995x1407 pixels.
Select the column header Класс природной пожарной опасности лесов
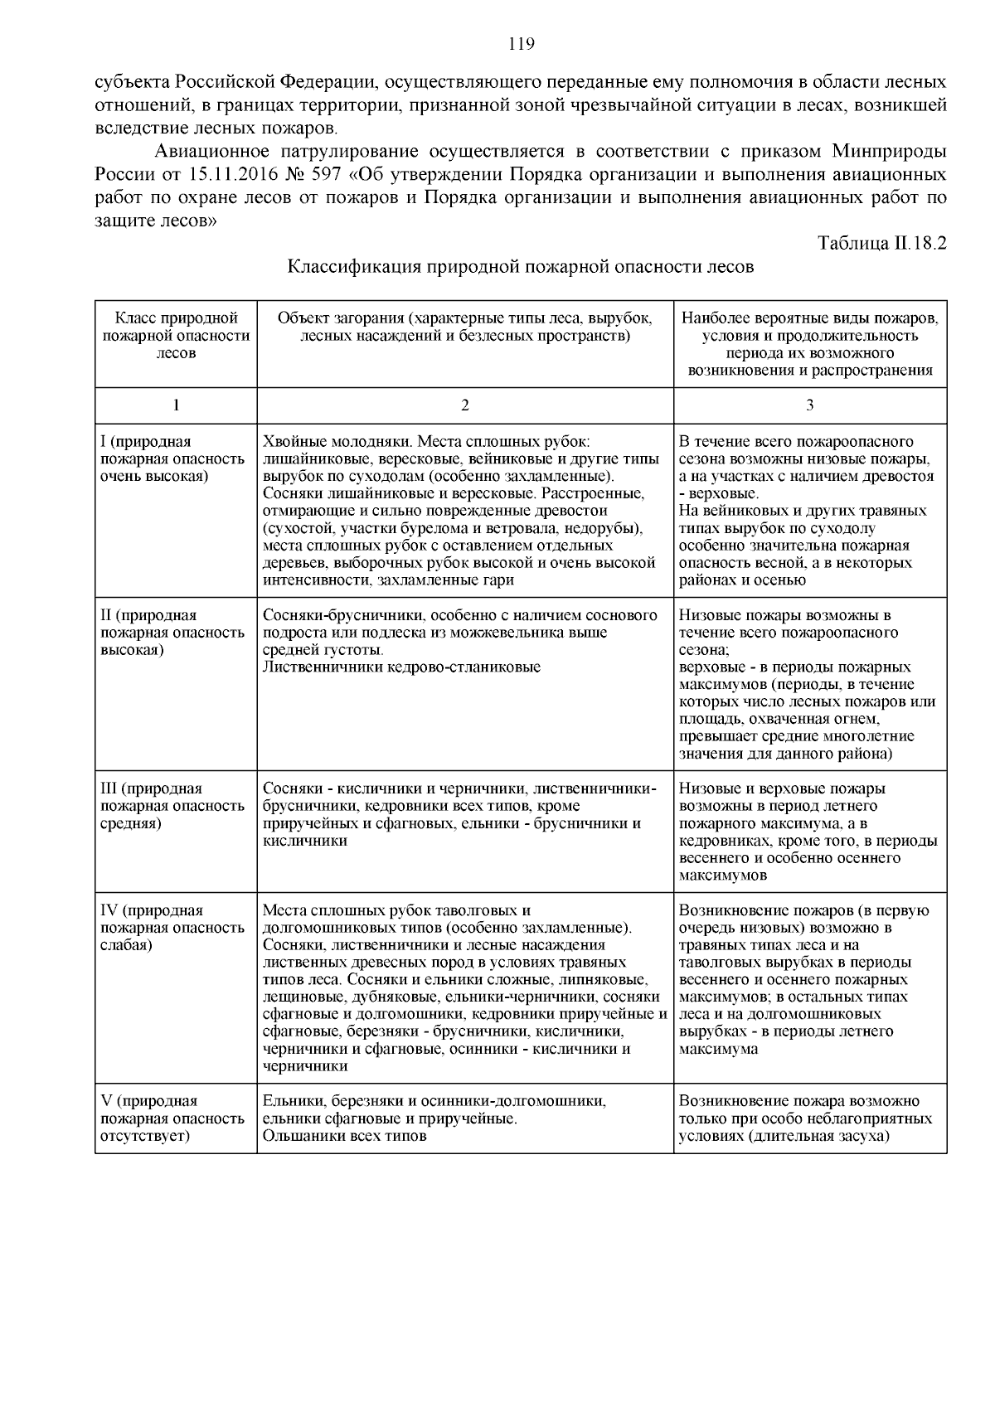176,335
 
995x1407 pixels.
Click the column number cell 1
176,405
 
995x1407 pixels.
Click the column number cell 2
464,405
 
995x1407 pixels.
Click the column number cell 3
809,405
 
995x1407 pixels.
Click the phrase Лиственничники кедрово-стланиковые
401,667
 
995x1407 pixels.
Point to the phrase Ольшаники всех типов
344,1136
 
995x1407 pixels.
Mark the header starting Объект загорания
464,327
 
